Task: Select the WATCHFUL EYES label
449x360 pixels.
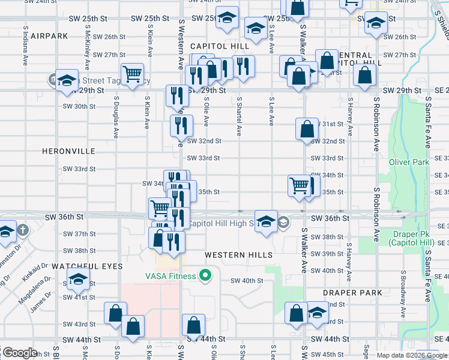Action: point(87,266)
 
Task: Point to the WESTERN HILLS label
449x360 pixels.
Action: point(238,255)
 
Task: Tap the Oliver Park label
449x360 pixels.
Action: point(409,162)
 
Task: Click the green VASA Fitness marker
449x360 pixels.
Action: point(205,276)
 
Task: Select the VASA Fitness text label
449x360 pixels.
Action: point(170,276)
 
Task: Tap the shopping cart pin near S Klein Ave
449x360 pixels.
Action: point(132,74)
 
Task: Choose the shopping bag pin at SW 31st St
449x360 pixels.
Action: point(306,128)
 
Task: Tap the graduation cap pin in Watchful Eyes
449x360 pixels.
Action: point(78,278)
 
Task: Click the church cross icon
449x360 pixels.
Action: point(22,230)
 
